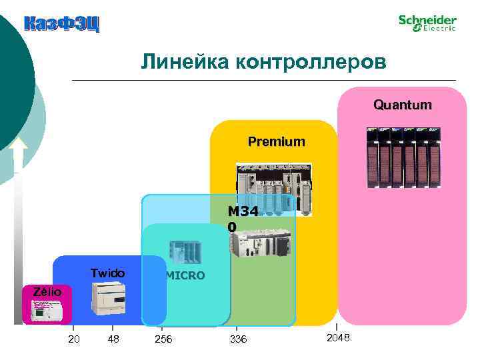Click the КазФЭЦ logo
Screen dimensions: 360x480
61,25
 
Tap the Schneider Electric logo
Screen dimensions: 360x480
427,23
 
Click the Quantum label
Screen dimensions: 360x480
402,105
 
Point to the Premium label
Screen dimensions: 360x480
276,141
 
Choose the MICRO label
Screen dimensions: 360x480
185,275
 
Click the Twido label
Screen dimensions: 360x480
107,273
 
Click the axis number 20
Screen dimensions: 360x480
75,340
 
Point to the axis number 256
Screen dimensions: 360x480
163,340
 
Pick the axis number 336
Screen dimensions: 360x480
237,340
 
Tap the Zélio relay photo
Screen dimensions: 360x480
45,310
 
